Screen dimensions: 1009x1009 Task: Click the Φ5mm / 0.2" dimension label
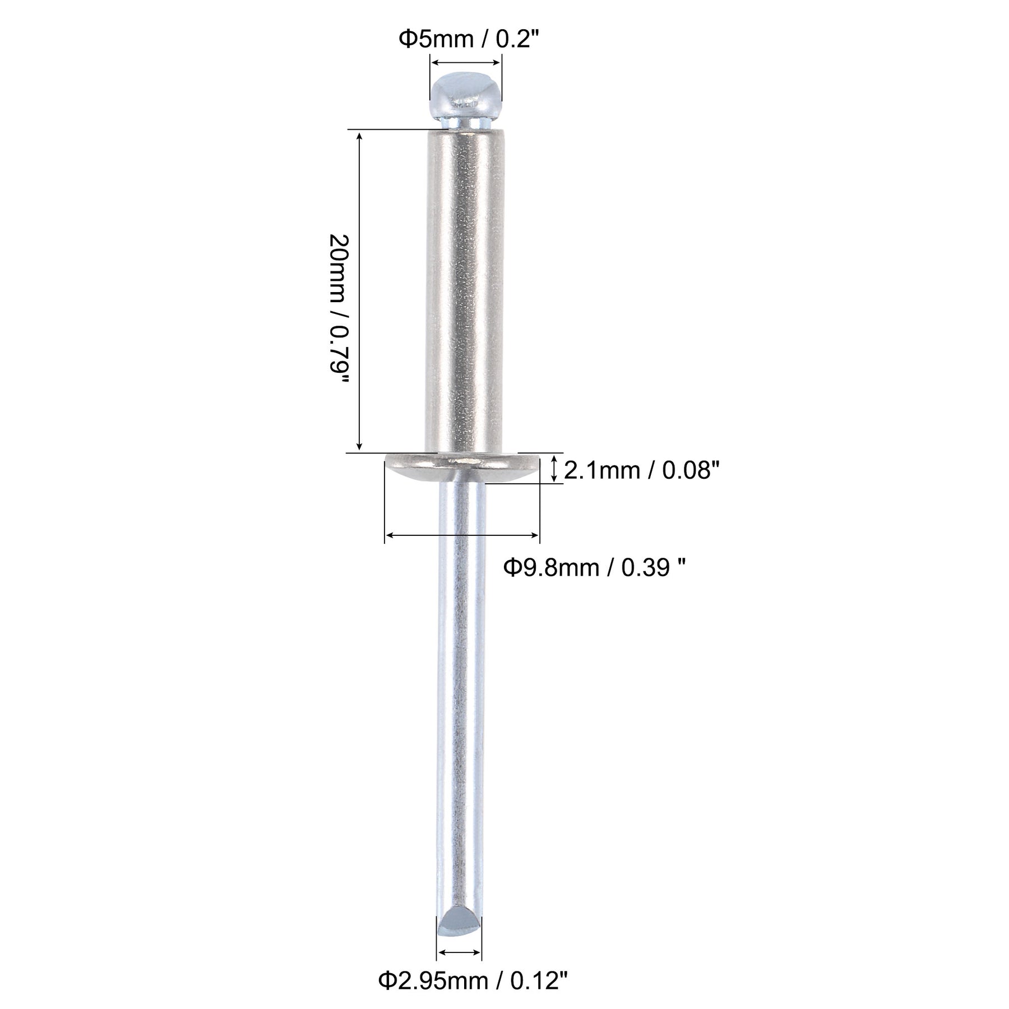[464, 40]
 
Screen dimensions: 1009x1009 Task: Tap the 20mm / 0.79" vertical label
[340, 308]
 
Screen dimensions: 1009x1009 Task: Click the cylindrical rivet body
[465, 291]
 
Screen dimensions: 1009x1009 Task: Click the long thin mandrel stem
[460, 673]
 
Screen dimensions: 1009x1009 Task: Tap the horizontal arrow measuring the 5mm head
[465, 63]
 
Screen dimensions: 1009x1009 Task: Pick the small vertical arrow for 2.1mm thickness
[554, 469]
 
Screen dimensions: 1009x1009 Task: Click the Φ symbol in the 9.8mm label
[511, 568]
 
